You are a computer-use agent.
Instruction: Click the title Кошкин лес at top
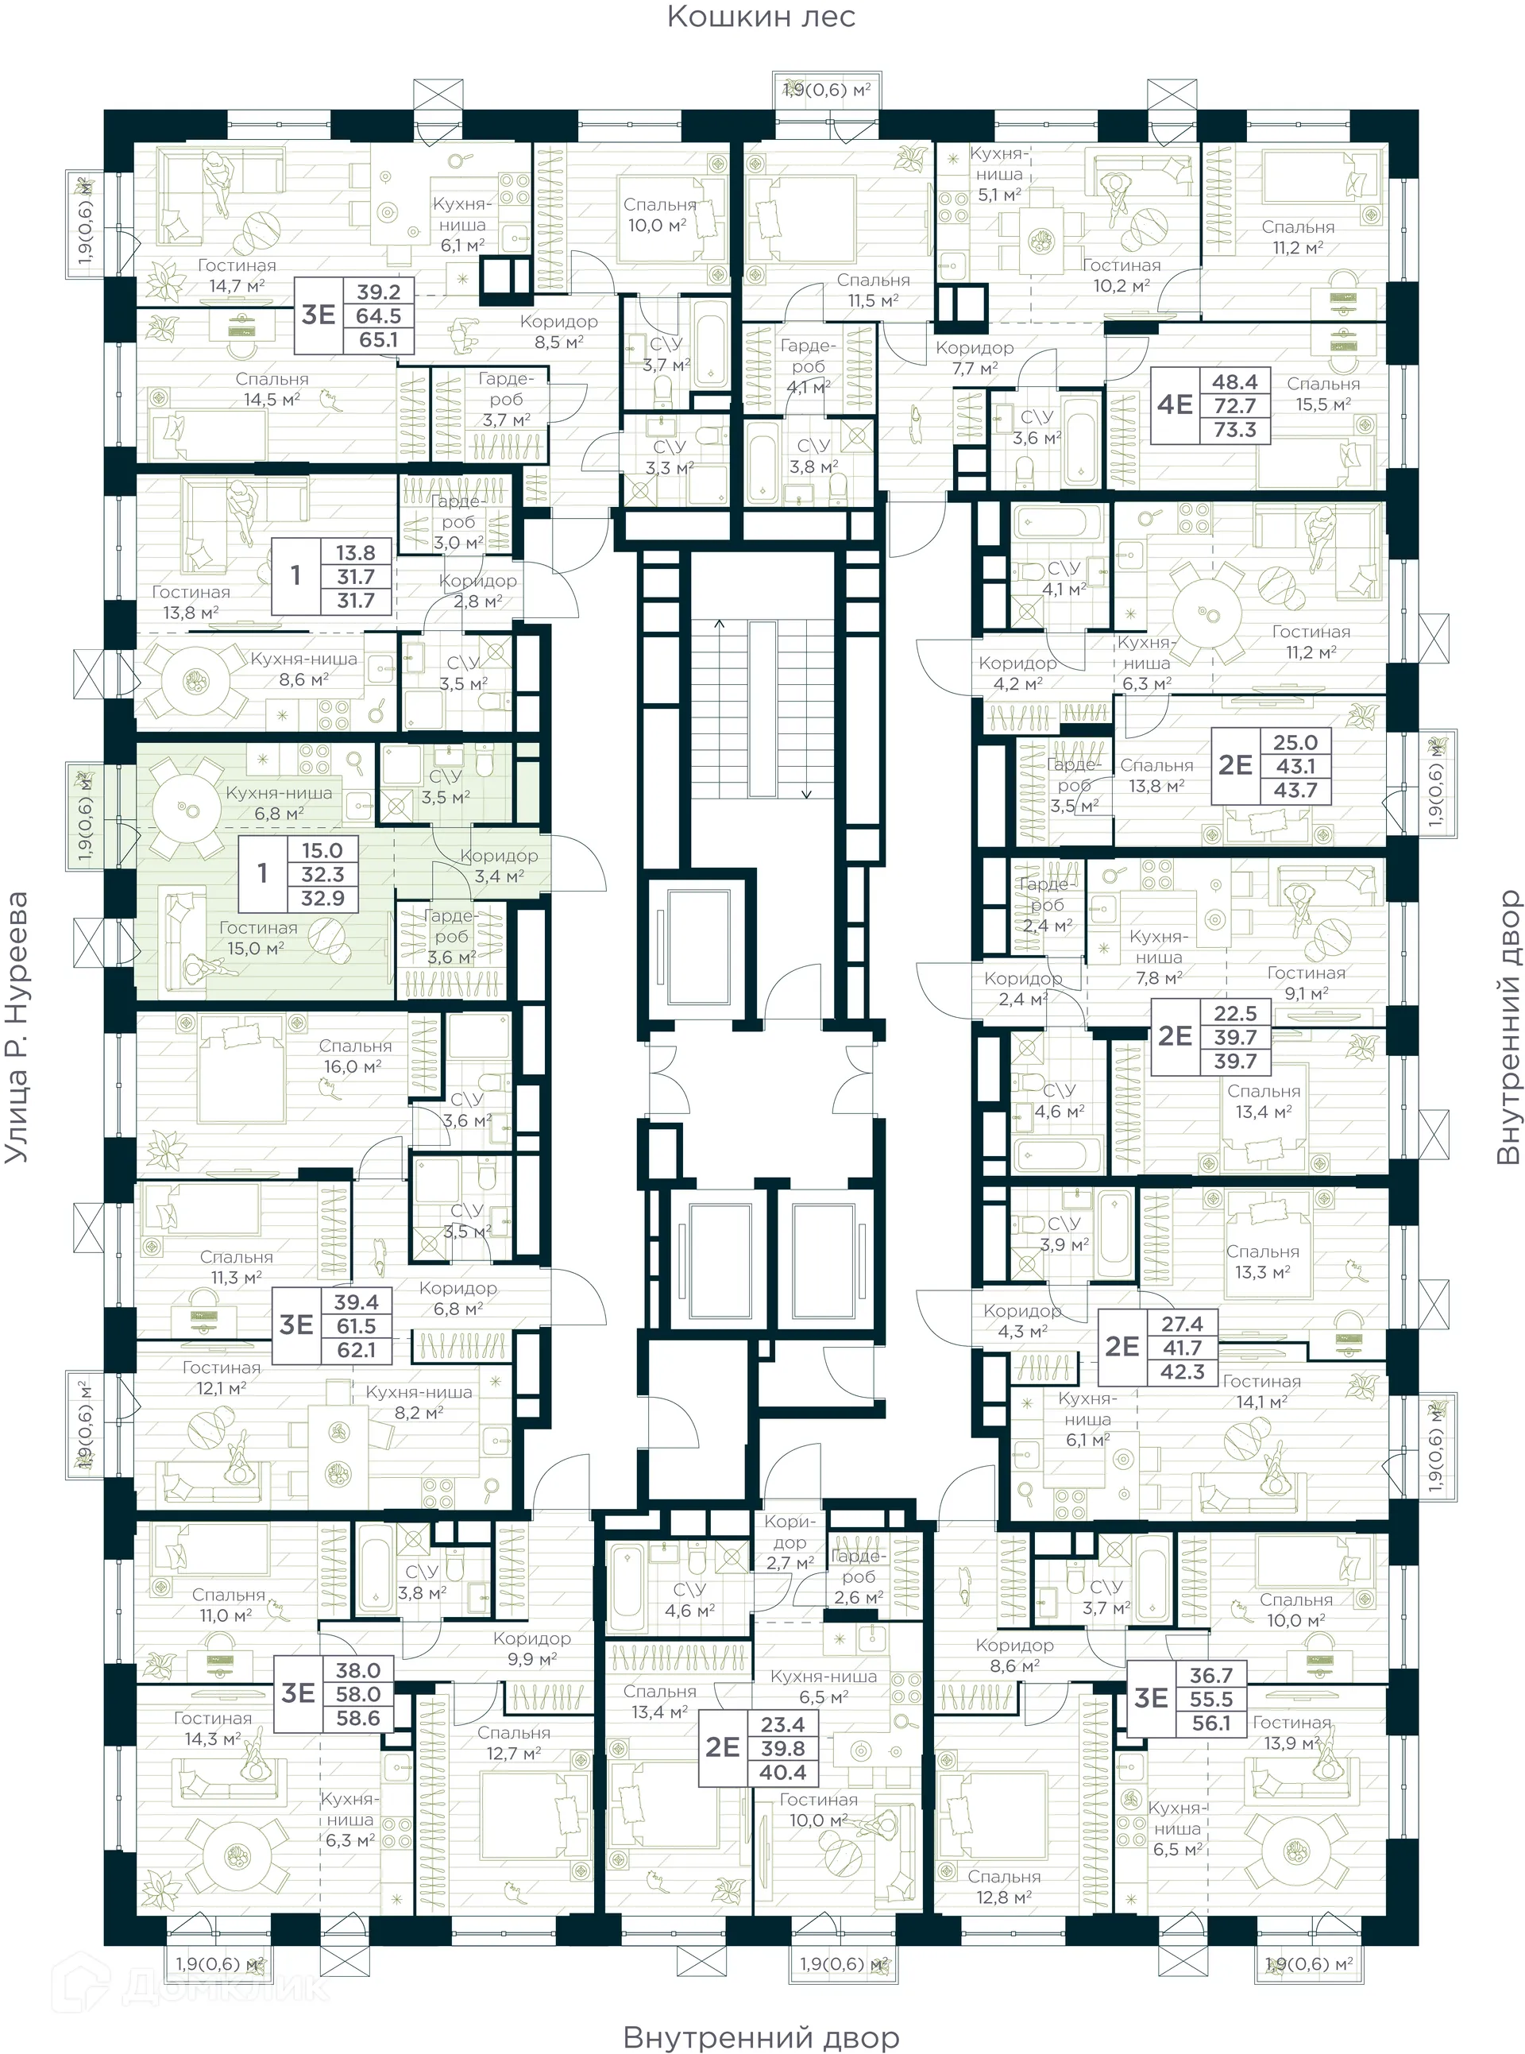pos(761,17)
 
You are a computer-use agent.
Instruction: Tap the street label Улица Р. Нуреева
pos(17,1027)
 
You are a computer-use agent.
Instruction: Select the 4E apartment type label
pos(1176,404)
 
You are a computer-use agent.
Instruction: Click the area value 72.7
pos(1234,405)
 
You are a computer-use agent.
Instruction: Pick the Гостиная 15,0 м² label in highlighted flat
pos(257,938)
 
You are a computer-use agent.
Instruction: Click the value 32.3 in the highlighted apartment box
pos(322,874)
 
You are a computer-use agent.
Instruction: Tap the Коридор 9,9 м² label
pos(531,1648)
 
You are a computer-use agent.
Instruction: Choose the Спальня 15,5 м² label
pos(1322,393)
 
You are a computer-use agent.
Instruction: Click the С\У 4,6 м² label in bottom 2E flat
pos(689,1599)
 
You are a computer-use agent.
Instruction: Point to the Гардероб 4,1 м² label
pos(807,366)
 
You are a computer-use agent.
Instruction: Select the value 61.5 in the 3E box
pos(355,1325)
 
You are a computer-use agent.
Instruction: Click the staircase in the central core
pos(762,708)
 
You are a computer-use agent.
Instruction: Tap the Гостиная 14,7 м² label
pos(237,275)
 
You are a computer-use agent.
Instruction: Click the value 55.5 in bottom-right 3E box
pos(1210,1699)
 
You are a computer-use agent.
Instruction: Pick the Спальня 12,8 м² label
pos(1003,1887)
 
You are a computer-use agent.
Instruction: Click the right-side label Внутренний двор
pos(1507,1027)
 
